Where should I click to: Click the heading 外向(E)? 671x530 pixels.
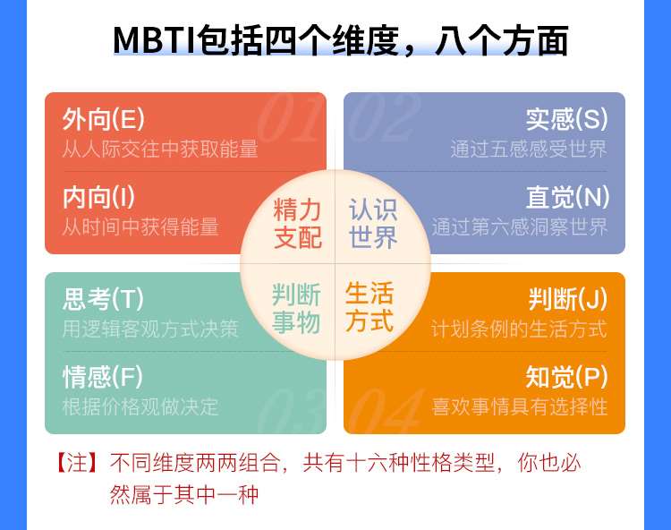104,119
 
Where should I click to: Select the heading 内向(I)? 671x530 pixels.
98,197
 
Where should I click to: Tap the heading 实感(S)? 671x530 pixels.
567,119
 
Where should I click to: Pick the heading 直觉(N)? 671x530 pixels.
568,197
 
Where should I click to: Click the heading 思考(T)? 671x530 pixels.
103,299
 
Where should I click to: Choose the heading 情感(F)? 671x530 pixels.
103,377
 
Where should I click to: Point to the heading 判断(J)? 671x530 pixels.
568,299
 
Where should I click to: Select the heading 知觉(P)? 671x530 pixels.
567,377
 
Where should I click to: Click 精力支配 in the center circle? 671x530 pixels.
297,223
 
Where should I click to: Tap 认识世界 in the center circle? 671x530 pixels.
373,223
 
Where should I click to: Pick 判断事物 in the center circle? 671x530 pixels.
296,308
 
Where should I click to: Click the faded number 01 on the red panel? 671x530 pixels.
290,117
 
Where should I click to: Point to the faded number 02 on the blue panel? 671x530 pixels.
382,117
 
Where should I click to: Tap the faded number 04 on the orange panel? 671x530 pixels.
385,411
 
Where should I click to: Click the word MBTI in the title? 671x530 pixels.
154,40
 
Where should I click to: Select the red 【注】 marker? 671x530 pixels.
78,463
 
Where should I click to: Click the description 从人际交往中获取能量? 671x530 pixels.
160,149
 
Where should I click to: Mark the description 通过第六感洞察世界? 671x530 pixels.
520,227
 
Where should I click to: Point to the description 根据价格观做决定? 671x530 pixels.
140,406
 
